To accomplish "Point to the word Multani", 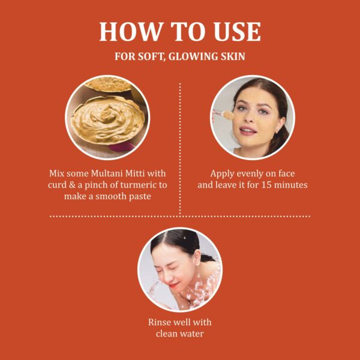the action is click(106, 173).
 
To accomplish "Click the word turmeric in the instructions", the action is click(137, 185).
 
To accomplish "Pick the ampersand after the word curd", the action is click(72, 185).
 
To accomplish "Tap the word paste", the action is click(139, 197).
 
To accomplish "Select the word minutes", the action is click(291, 185).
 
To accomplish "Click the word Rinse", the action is click(158, 322).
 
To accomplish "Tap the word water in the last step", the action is click(192, 334).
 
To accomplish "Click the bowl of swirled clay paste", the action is click(107, 120).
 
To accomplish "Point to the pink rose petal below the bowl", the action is click(121, 146).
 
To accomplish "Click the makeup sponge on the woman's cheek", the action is click(227, 115).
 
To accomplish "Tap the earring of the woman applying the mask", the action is click(276, 131).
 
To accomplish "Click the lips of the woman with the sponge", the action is click(248, 131).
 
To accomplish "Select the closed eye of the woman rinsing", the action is click(174, 268).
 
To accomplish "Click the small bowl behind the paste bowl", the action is click(108, 85).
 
